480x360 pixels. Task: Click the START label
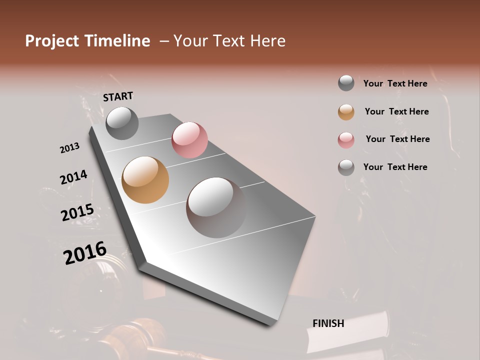tap(118, 96)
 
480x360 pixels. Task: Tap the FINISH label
tap(328, 323)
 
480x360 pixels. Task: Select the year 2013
tap(69, 148)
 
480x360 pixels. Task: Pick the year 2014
tap(73, 177)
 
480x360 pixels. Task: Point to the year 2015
tap(77, 212)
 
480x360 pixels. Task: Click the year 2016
tap(85, 253)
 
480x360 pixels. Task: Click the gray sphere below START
tap(122, 123)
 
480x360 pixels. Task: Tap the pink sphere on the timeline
tap(189, 139)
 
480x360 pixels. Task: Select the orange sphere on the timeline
tap(145, 180)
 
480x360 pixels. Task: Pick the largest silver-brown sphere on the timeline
tap(216, 207)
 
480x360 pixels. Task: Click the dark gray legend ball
tap(346, 83)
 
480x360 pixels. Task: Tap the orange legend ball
tap(346, 112)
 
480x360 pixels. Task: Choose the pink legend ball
tap(346, 140)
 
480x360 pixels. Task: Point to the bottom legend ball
tap(346, 167)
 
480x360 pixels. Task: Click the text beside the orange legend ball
tap(396, 111)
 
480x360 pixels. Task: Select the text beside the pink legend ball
tap(397, 139)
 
